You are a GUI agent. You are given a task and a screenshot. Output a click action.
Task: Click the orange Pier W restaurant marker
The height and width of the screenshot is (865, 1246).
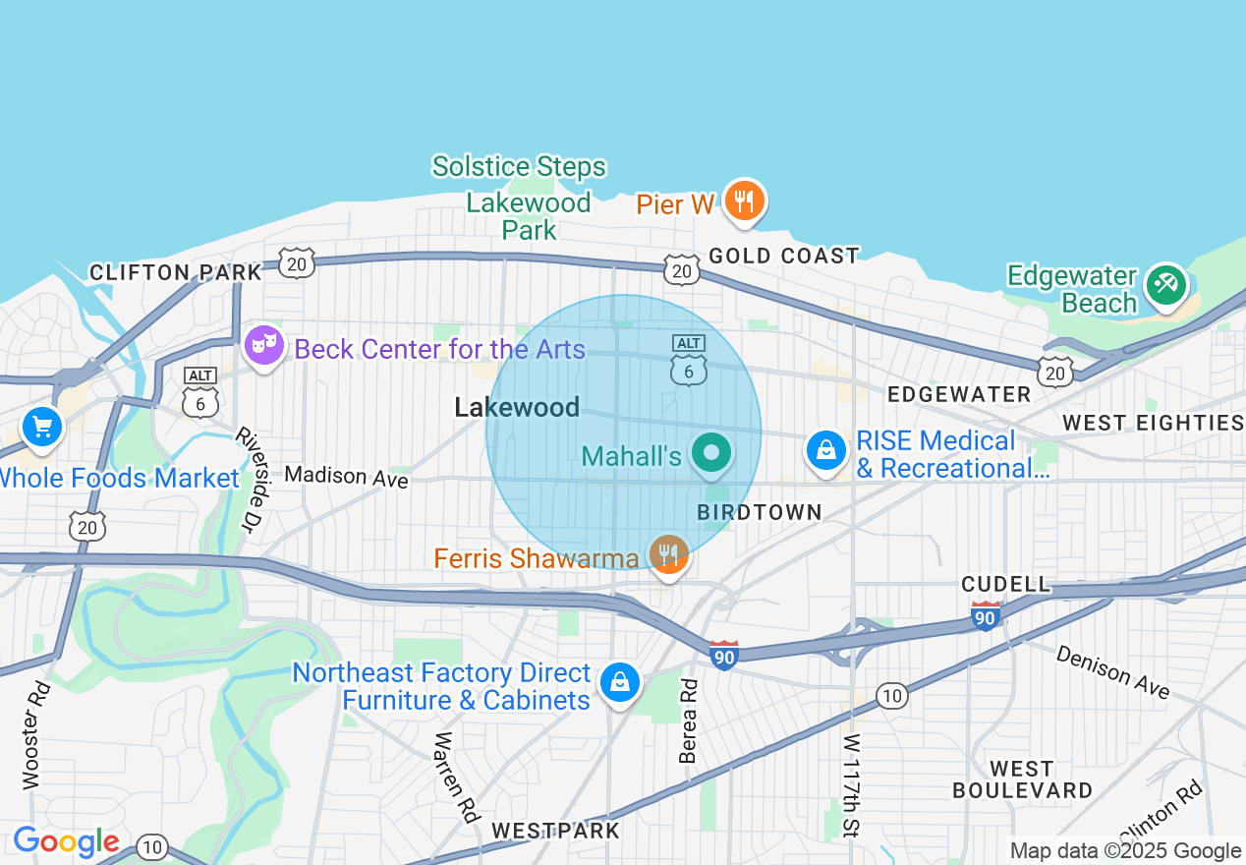pos(744,201)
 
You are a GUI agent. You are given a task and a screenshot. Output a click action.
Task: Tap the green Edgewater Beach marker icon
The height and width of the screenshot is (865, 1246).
pos(1165,284)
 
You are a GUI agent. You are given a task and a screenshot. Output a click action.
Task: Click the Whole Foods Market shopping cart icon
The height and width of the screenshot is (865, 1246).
pos(42,427)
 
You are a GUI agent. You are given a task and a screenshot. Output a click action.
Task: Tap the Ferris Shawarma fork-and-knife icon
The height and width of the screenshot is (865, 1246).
pos(669,554)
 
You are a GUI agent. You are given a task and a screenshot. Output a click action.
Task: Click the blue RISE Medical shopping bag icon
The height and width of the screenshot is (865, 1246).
pos(826,450)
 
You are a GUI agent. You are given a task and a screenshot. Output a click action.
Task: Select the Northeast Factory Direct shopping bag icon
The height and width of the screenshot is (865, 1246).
pos(620,680)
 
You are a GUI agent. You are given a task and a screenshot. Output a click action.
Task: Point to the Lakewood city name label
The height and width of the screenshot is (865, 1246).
pos(517,407)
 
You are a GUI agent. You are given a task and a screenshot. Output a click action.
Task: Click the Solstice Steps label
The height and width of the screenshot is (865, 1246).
pos(519,166)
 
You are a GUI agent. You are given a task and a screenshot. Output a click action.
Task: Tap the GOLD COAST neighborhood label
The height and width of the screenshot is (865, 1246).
pos(784,256)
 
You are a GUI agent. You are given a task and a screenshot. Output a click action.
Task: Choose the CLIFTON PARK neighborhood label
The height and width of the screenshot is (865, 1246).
pos(176,272)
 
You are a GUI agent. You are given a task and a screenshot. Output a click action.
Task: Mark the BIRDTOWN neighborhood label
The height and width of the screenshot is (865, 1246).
pos(759,512)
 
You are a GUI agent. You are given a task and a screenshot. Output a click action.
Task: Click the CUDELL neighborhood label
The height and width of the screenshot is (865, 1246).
pos(1006,584)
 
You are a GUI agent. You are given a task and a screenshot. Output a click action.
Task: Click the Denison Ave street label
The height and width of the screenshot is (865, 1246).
pos(1112,672)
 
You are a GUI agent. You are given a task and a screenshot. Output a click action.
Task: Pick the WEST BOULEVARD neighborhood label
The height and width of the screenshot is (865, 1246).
pos(1022,779)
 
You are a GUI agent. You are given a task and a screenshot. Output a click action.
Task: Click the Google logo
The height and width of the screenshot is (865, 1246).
pos(66,841)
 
